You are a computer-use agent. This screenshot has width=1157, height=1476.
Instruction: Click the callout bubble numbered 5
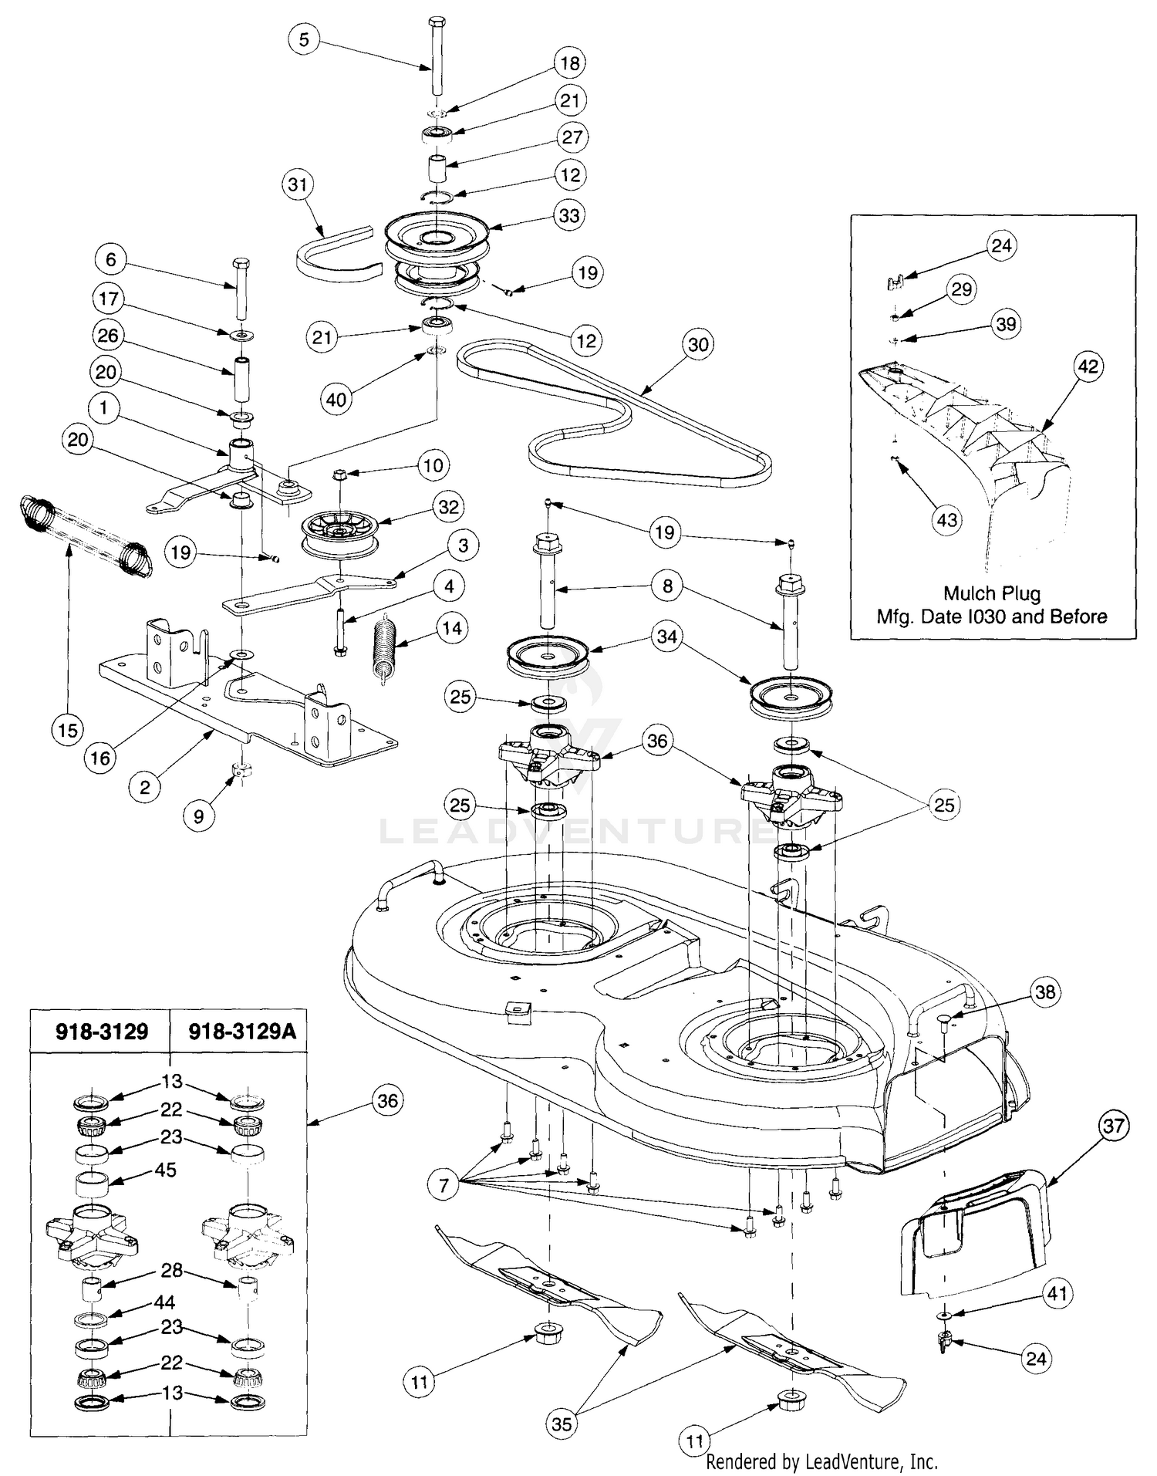(304, 39)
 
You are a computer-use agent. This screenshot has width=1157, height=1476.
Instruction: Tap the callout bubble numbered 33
(569, 214)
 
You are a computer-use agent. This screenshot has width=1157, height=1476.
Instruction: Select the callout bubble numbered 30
(698, 344)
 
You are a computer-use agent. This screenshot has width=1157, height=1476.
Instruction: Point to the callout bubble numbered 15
(68, 729)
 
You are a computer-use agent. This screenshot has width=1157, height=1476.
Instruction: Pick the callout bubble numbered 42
(1088, 366)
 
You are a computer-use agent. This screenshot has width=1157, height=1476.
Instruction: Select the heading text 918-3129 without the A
(102, 1032)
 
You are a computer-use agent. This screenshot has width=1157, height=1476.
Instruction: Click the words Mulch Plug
(992, 593)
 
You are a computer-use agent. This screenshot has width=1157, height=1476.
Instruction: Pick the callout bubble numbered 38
(1044, 991)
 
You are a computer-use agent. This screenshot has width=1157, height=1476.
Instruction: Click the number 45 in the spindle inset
(165, 1170)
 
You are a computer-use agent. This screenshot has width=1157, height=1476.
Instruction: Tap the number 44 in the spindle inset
(164, 1302)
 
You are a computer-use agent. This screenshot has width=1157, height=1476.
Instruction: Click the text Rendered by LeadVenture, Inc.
(822, 1461)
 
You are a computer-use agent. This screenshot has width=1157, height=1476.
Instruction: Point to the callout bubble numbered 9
(199, 816)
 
